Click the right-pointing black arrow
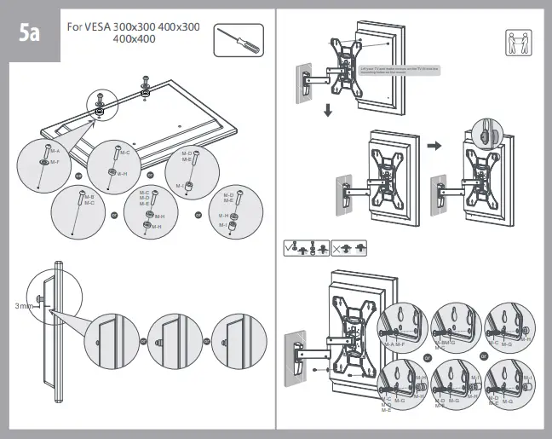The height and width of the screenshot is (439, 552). pos(434,146)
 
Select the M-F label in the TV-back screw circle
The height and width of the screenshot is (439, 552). pos(55,160)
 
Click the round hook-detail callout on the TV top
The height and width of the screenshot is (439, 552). pos(486,132)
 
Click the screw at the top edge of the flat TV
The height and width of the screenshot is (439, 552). pos(145,83)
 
